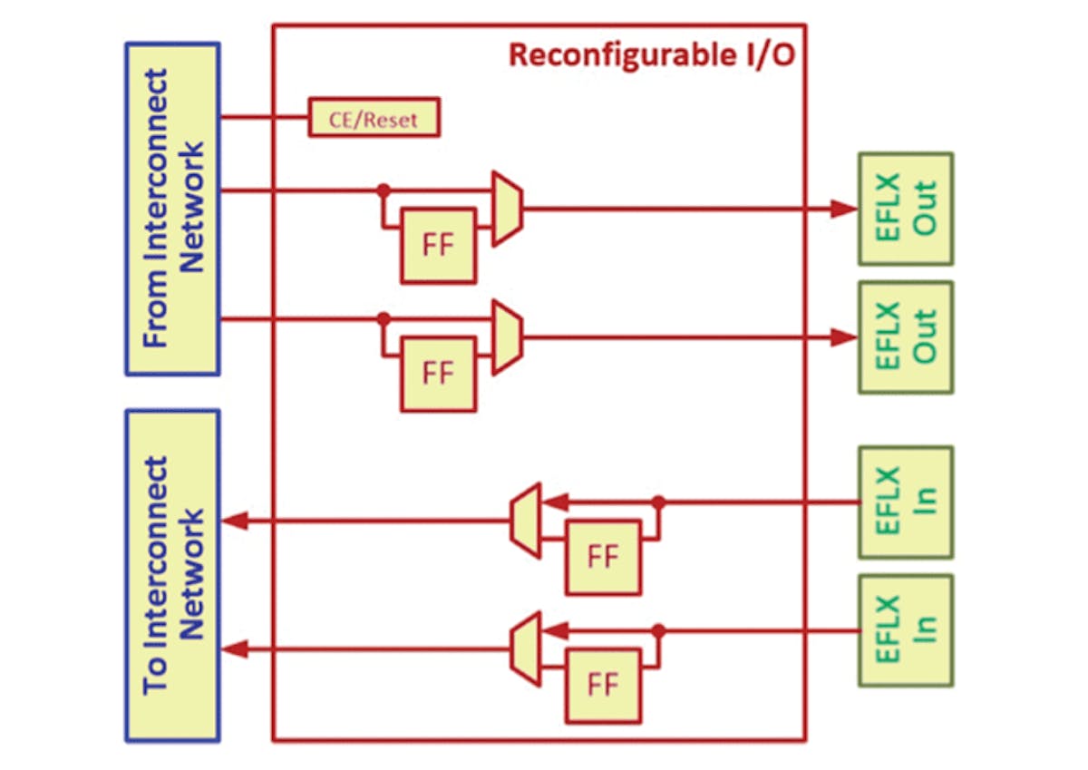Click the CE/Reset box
coord(374,118)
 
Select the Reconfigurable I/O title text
coord(651,54)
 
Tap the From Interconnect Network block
coord(172,208)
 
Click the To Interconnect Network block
coord(172,575)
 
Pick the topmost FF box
coord(438,246)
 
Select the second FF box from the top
coord(438,374)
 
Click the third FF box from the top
coord(603,557)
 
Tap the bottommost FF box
coord(603,685)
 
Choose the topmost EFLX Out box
coord(905,209)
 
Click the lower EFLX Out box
coord(905,337)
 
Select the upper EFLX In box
coord(905,502)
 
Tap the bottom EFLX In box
coord(905,630)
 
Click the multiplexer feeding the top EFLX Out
coord(507,208)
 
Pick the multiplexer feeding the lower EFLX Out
coord(507,336)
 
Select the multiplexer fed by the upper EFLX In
coord(525,520)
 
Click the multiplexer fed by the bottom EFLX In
coord(525,648)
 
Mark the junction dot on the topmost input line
coord(384,190)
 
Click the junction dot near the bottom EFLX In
coord(658,630)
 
